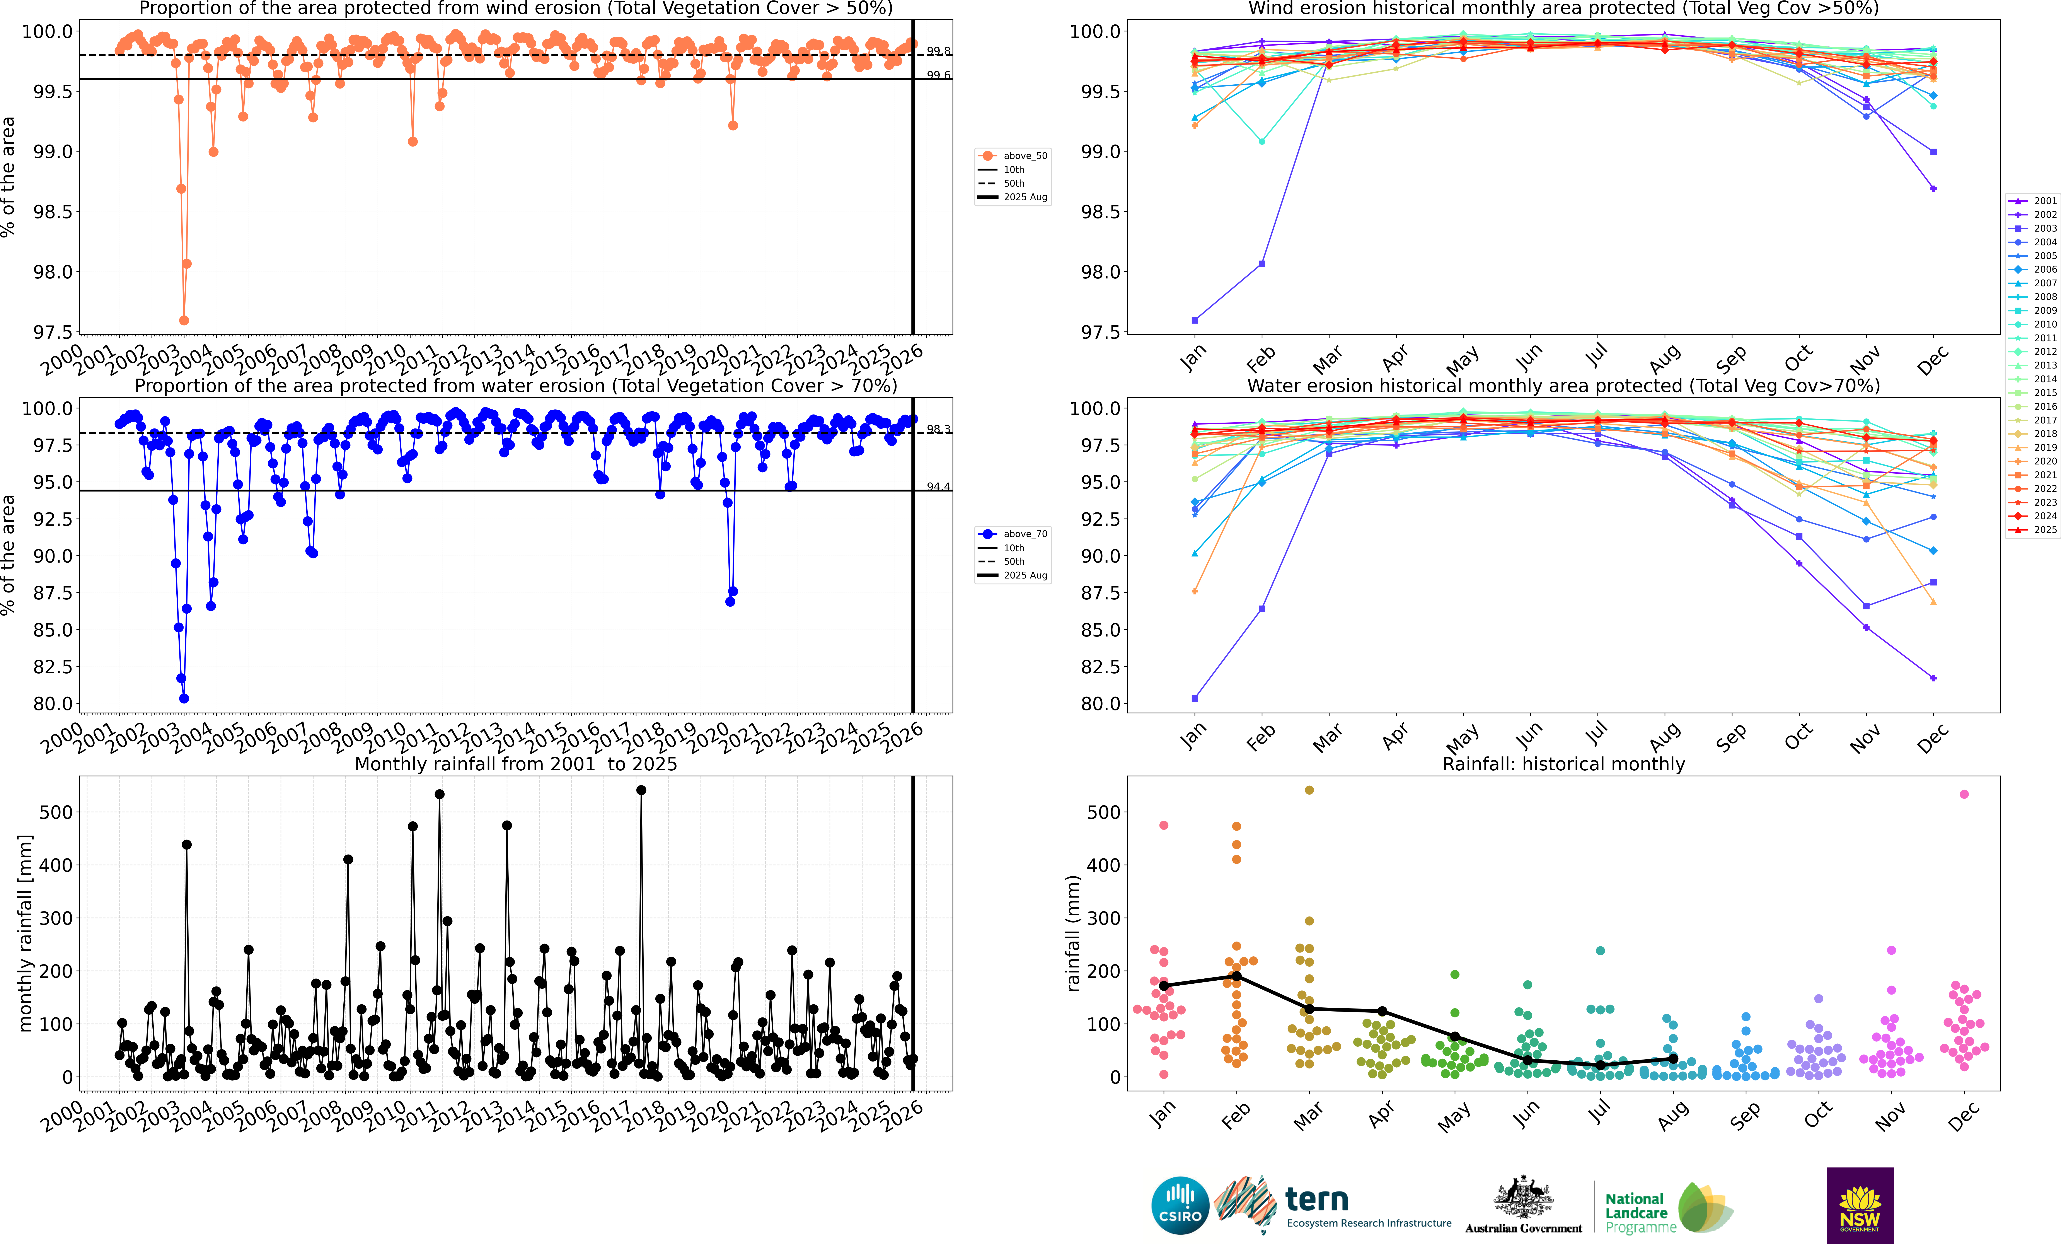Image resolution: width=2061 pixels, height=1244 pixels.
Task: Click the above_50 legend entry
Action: pos(1012,156)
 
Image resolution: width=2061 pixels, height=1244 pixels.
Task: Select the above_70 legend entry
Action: pos(1012,534)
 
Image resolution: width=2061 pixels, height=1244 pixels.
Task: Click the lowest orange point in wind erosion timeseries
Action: pos(184,320)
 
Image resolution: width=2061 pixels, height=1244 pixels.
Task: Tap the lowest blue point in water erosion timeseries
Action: pos(184,699)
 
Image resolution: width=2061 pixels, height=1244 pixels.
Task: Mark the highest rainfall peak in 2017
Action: pos(641,790)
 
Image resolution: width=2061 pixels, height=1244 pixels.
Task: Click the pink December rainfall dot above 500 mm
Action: pos(1964,794)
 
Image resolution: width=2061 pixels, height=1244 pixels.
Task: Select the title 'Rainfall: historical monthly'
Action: pos(1563,764)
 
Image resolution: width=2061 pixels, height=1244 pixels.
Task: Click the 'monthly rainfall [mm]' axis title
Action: pos(25,933)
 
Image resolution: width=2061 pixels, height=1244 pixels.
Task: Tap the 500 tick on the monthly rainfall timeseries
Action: pos(56,812)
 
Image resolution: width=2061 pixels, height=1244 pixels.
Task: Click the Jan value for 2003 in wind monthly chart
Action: pos(1194,320)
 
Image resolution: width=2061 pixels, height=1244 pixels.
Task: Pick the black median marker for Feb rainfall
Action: pos(1236,976)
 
